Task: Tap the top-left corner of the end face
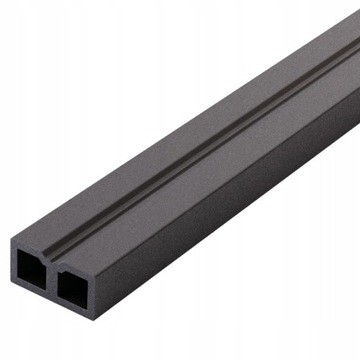[13, 237]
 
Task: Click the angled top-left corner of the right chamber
[61, 268]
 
